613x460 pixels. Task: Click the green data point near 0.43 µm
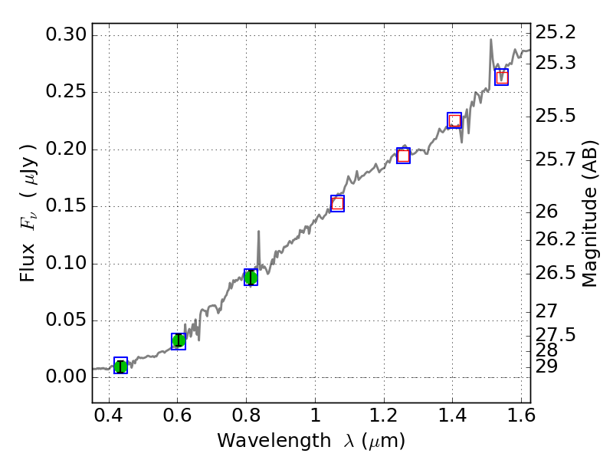click(120, 366)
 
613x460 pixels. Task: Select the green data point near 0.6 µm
click(179, 341)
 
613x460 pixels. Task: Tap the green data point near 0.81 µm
click(251, 278)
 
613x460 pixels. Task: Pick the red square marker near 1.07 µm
click(337, 203)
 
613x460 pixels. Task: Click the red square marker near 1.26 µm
click(403, 156)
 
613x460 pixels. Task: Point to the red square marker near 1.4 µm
click(454, 120)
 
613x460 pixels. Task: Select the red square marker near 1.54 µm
click(501, 77)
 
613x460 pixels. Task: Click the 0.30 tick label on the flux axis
click(67, 35)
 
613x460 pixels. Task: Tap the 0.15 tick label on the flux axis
click(67, 207)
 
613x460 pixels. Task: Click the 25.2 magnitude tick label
click(556, 32)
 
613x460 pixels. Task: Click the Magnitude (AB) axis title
click(589, 213)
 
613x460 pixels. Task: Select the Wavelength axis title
click(310, 441)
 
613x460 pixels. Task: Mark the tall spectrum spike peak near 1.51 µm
click(490, 40)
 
